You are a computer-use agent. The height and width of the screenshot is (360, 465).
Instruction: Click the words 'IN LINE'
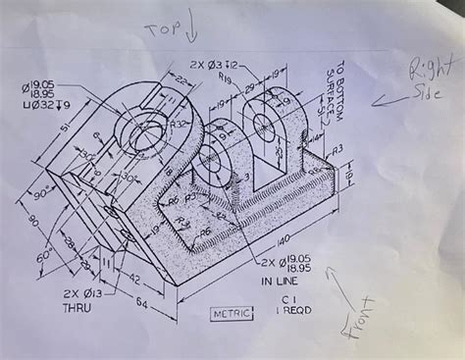pos(282,281)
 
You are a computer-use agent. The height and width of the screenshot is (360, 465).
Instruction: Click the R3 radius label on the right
pos(336,147)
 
